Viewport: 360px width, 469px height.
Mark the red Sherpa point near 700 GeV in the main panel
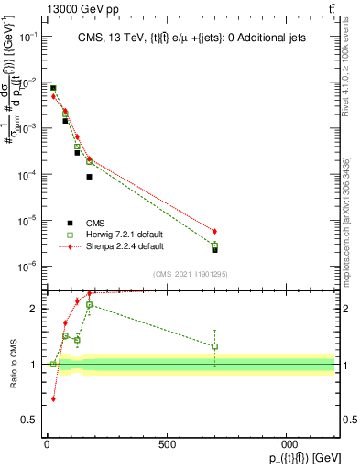click(214, 231)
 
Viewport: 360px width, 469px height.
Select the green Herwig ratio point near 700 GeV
click(214, 346)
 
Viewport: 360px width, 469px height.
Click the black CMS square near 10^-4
click(89, 177)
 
